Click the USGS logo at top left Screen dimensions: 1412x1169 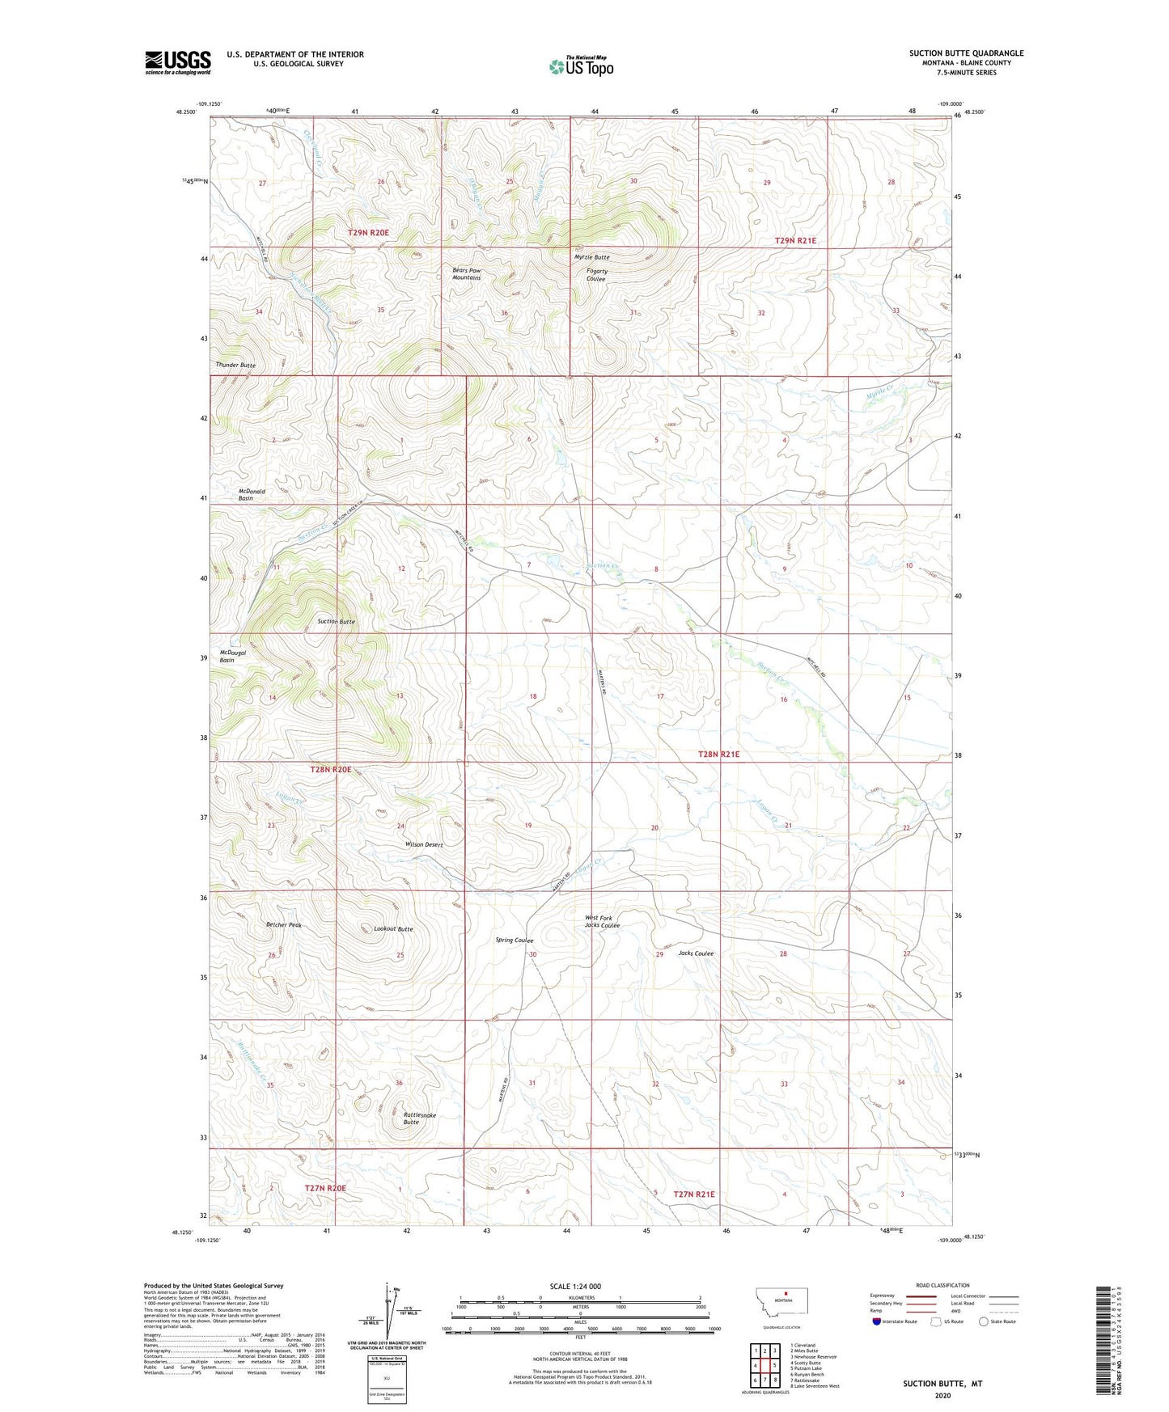coord(178,61)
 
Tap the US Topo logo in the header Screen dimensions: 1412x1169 coord(580,66)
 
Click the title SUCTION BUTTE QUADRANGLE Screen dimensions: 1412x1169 coord(966,53)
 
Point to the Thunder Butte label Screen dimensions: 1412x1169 coord(235,366)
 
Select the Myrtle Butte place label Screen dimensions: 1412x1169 coord(591,257)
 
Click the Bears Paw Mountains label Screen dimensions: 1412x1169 coord(466,274)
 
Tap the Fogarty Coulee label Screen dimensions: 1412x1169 coord(595,275)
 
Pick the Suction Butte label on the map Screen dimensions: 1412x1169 coord(336,622)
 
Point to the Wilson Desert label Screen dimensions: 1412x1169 coord(424,844)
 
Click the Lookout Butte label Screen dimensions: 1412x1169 coord(393,929)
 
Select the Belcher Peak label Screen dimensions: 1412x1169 coord(283,925)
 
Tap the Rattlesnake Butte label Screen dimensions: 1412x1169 coord(419,1118)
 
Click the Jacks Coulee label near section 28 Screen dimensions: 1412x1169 coord(696,953)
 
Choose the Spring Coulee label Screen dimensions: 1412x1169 coord(514,941)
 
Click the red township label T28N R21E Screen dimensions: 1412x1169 coord(718,754)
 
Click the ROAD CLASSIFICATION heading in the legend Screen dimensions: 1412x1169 coord(942,1285)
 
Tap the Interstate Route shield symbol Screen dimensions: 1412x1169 coord(877,1321)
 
